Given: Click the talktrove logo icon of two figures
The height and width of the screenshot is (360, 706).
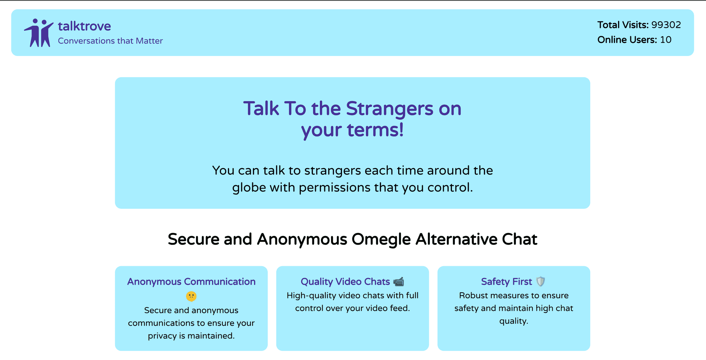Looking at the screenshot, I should click(38, 33).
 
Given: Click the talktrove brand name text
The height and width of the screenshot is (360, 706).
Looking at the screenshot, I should click(84, 26).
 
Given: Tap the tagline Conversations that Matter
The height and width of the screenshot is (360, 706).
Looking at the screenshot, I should click(110, 41).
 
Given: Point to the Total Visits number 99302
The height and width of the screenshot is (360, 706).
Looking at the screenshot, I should click(666, 25).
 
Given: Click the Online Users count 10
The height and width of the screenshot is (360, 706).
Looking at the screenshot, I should click(666, 40).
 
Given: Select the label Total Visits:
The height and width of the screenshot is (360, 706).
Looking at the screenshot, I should click(623, 25).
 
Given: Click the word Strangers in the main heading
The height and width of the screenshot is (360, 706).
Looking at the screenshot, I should click(390, 109).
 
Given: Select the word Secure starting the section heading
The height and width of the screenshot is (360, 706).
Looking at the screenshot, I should click(193, 239).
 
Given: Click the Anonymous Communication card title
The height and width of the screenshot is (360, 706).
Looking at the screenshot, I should click(191, 282).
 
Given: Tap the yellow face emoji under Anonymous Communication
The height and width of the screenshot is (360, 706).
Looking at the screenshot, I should click(191, 296).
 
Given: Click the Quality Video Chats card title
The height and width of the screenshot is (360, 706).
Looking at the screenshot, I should click(345, 282).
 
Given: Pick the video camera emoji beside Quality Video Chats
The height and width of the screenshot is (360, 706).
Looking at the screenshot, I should click(399, 282).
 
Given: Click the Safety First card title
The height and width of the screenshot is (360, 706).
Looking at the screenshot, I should click(506, 282).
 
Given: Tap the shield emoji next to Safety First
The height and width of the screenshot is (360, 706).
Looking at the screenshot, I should click(541, 282).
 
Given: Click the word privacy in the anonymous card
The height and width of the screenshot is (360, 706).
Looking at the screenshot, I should click(162, 336).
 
